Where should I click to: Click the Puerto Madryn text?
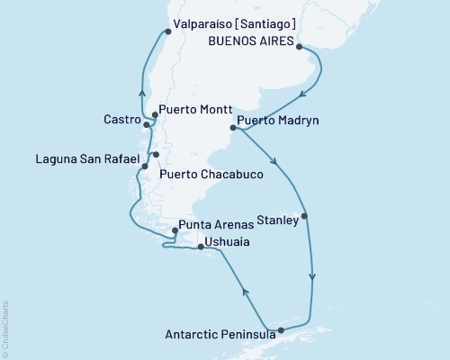[x=278, y=119]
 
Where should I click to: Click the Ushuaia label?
[x=227, y=242]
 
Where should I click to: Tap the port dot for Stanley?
[x=305, y=216]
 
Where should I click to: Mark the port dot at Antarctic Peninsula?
[x=282, y=330]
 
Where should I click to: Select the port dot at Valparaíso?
[x=167, y=32]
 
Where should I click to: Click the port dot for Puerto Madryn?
[x=234, y=128]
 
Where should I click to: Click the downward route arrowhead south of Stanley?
[x=312, y=276]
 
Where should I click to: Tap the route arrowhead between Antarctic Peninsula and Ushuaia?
[x=243, y=289]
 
